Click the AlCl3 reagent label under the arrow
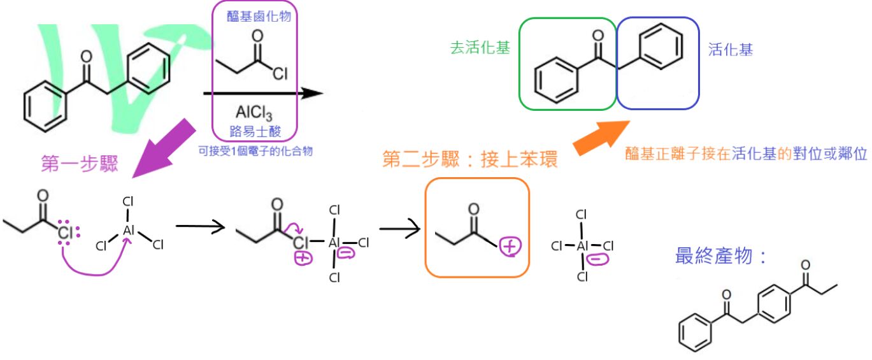click(254, 114)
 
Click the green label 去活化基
click(480, 49)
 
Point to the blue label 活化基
click(730, 49)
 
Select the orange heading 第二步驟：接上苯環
click(470, 159)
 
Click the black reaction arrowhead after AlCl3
click(311, 94)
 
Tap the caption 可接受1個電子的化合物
click(255, 151)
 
